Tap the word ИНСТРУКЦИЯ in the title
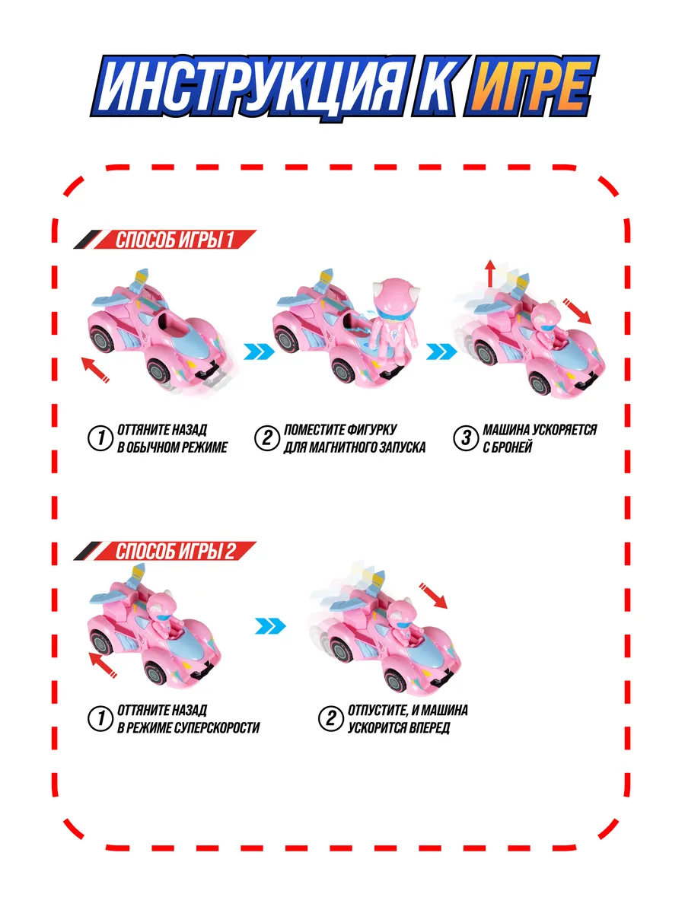click(x=251, y=87)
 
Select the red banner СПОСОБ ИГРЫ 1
click(x=165, y=240)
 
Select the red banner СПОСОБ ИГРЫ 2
click(x=165, y=552)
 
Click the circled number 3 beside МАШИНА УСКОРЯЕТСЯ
click(x=465, y=438)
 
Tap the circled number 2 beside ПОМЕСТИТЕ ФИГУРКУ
click(x=266, y=438)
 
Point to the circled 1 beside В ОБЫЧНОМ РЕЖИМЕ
click(x=100, y=438)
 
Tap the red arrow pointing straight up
click(x=491, y=273)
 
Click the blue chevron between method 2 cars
click(x=270, y=626)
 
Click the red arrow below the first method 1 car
click(x=95, y=370)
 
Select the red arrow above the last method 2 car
click(x=433, y=596)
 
